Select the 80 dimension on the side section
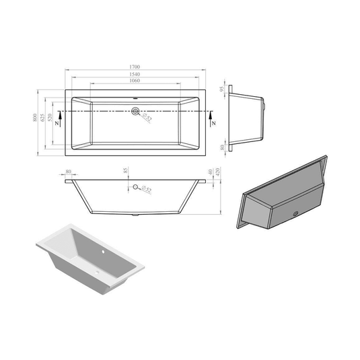coord(69,172)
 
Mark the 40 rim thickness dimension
coord(211,173)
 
